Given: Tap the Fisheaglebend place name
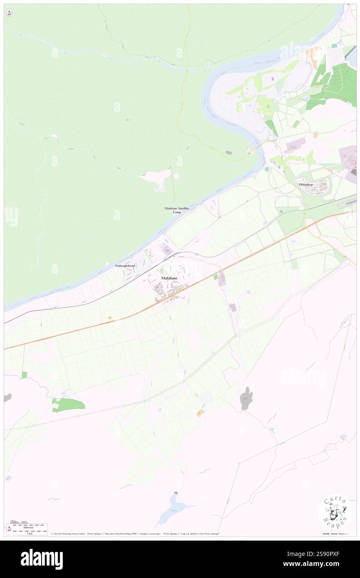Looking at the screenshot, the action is click(x=125, y=265).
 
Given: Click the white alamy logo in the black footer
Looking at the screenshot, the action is click(x=42, y=559).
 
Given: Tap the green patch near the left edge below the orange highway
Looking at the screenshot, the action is click(x=68, y=404).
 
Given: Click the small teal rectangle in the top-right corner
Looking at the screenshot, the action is click(x=334, y=45).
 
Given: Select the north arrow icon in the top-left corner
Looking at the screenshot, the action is click(x=9, y=13).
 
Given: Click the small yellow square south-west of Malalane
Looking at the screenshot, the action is click(x=110, y=316).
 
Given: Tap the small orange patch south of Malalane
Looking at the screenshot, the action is click(x=201, y=412).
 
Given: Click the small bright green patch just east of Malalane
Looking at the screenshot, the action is click(x=215, y=277).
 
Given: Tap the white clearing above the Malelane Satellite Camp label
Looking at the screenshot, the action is click(x=157, y=178).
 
